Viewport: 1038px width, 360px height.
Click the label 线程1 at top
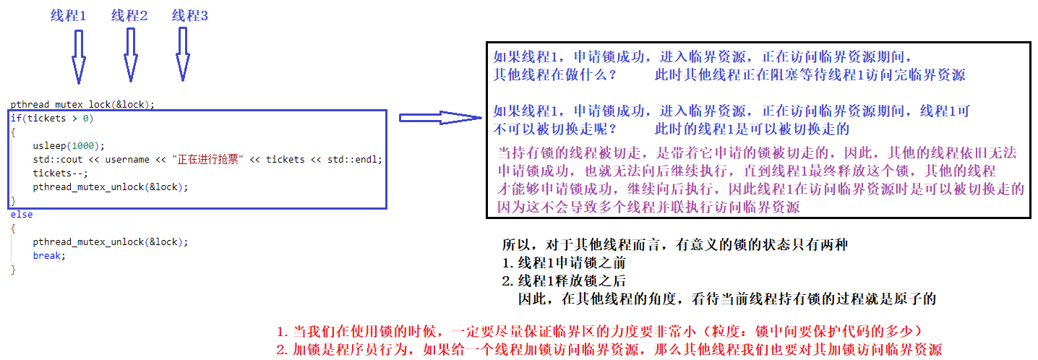pos(68,15)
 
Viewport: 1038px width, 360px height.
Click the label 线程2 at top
pos(129,15)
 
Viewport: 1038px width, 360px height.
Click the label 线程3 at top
pos(190,15)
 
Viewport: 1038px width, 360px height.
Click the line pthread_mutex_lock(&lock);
pos(82,104)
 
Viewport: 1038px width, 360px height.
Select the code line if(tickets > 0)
pos(51,118)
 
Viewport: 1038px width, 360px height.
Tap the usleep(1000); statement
pos(69,145)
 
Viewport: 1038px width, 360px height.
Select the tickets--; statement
pos(60,173)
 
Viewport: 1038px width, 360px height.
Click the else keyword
pos(22,215)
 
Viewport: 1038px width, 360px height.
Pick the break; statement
pos(49,256)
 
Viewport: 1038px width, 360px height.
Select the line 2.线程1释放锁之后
pos(564,281)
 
